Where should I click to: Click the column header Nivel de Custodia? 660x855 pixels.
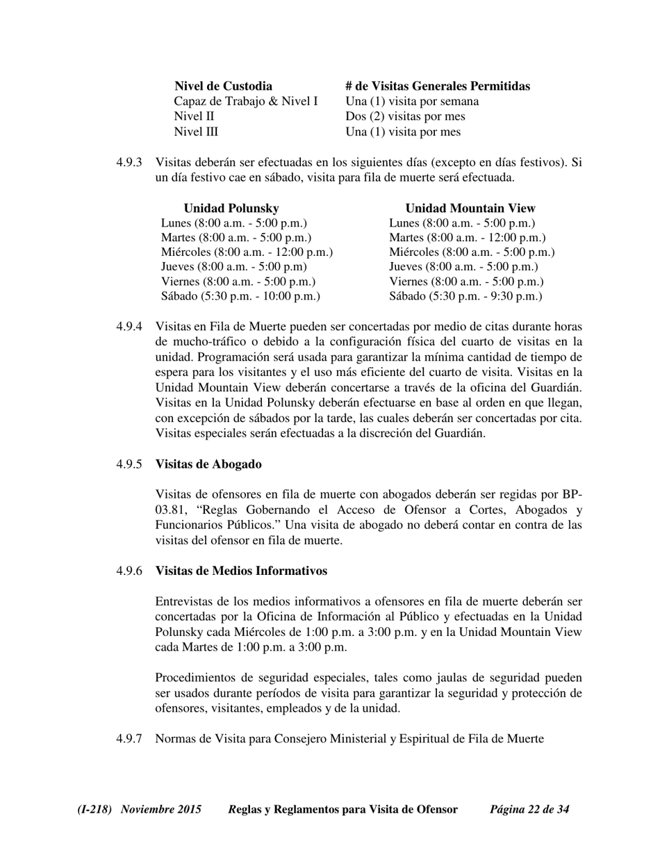[223, 86]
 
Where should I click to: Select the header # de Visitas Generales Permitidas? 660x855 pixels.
[437, 86]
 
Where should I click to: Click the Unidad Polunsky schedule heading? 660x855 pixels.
[231, 208]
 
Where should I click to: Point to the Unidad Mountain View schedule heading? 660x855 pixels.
[470, 208]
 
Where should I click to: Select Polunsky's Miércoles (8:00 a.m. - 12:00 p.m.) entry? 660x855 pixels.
[247, 252]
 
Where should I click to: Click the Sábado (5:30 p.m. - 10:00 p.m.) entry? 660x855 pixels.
[240, 296]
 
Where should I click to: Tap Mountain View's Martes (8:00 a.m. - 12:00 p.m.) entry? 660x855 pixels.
[468, 238]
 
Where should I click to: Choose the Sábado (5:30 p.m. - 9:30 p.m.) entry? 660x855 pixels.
[465, 296]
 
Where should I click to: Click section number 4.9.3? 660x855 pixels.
[129, 163]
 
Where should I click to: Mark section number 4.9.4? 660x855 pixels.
[129, 327]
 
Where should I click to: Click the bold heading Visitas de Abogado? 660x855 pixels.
[208, 464]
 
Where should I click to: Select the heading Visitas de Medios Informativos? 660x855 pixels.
[241, 571]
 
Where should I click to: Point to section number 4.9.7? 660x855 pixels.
[129, 738]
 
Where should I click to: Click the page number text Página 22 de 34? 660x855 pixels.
[529, 809]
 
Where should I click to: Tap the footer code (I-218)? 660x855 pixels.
[95, 809]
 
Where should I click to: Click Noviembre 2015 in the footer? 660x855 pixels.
[161, 809]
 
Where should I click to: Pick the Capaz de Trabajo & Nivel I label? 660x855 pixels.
[246, 101]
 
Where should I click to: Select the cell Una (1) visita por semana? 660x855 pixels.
[412, 101]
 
